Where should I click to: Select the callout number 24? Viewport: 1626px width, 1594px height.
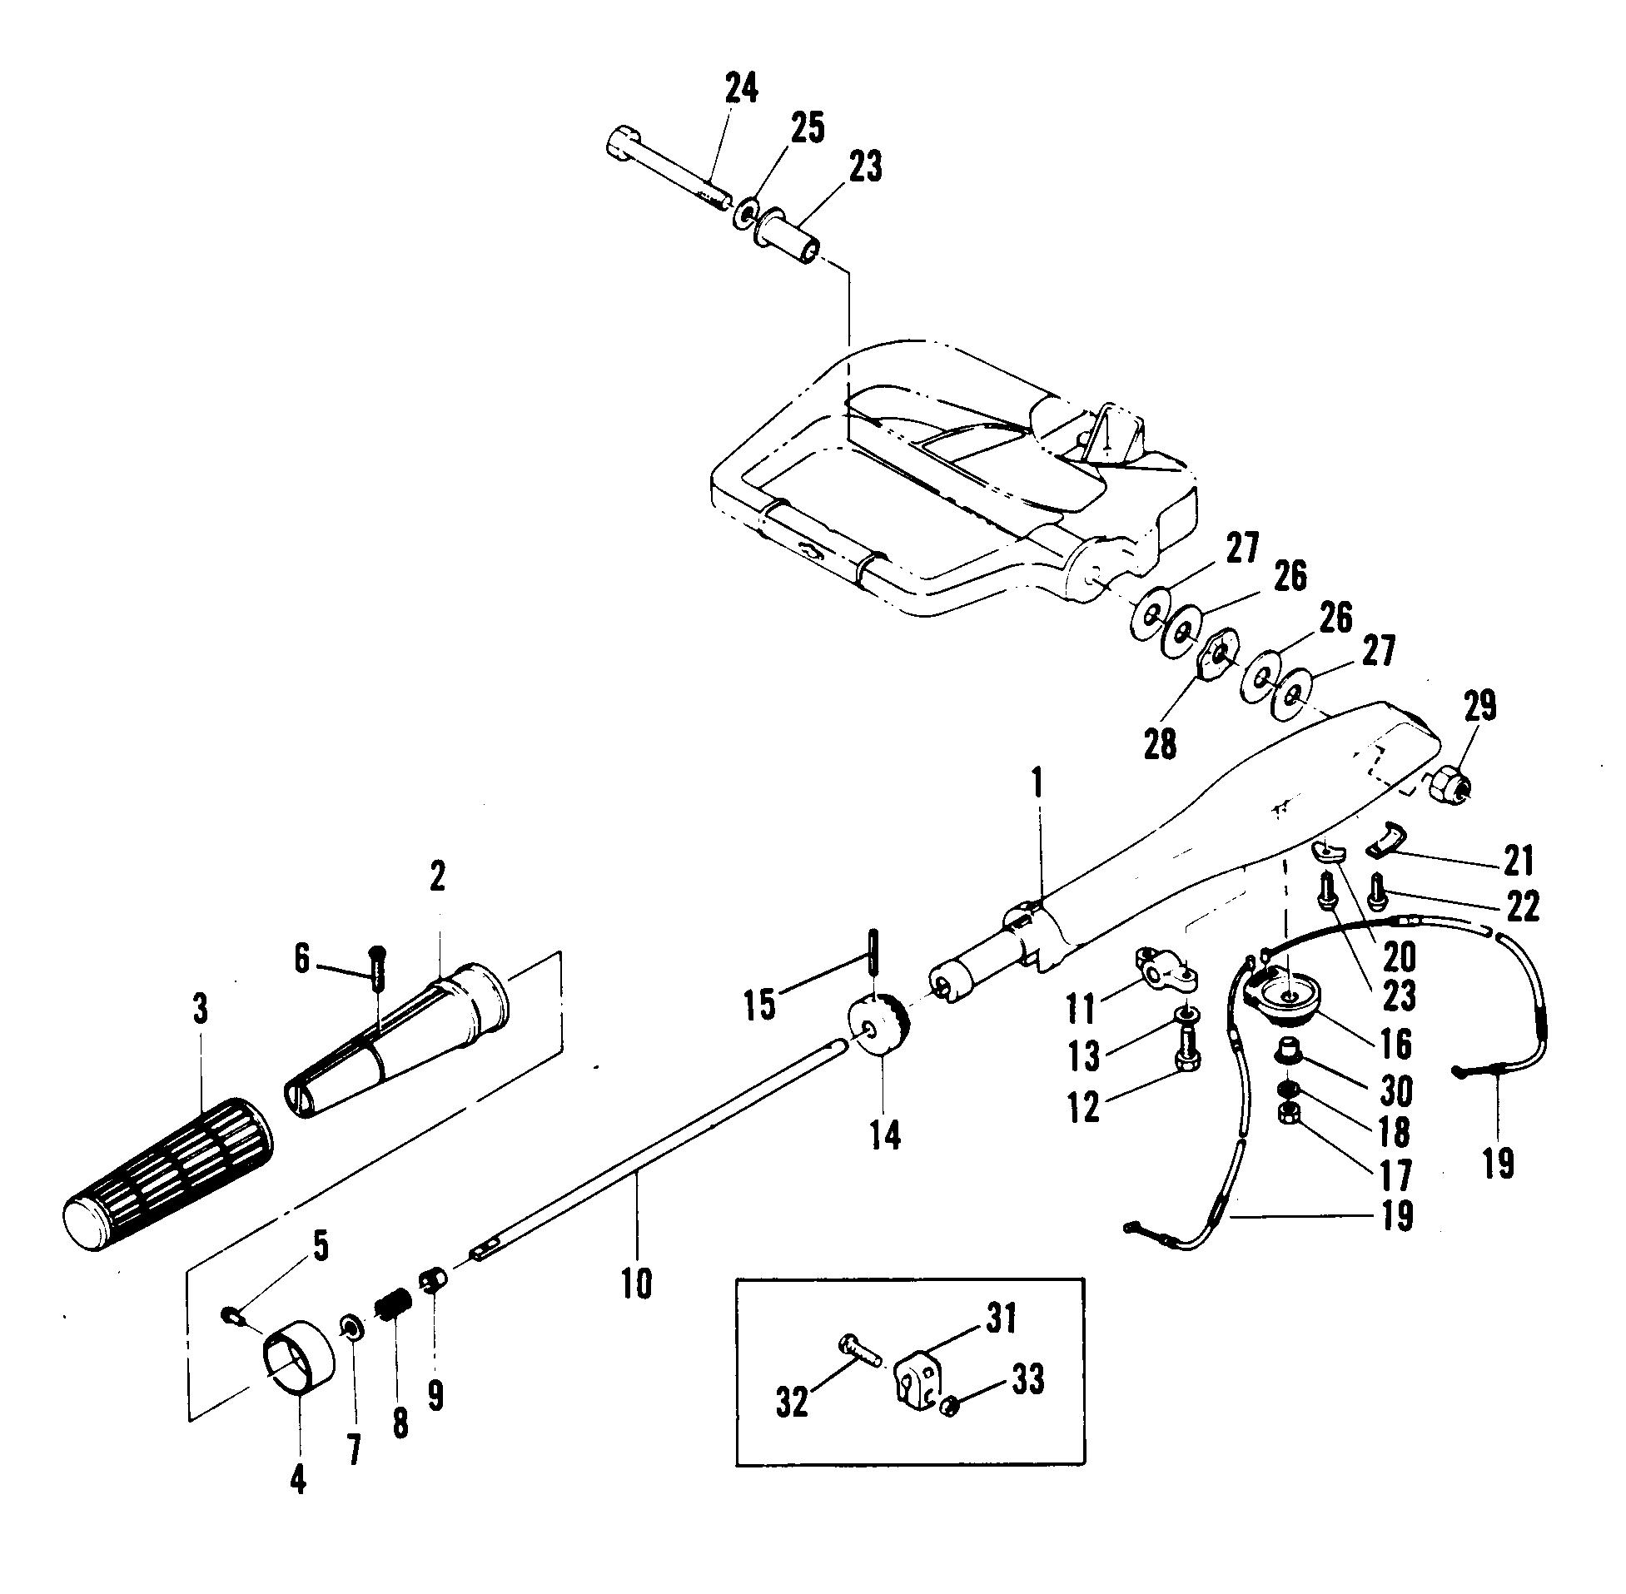[x=740, y=87]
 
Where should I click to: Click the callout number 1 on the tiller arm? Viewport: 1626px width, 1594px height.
[x=1037, y=783]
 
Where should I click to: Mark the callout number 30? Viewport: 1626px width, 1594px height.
[x=1395, y=1090]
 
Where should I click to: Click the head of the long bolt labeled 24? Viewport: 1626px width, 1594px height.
[x=624, y=143]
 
